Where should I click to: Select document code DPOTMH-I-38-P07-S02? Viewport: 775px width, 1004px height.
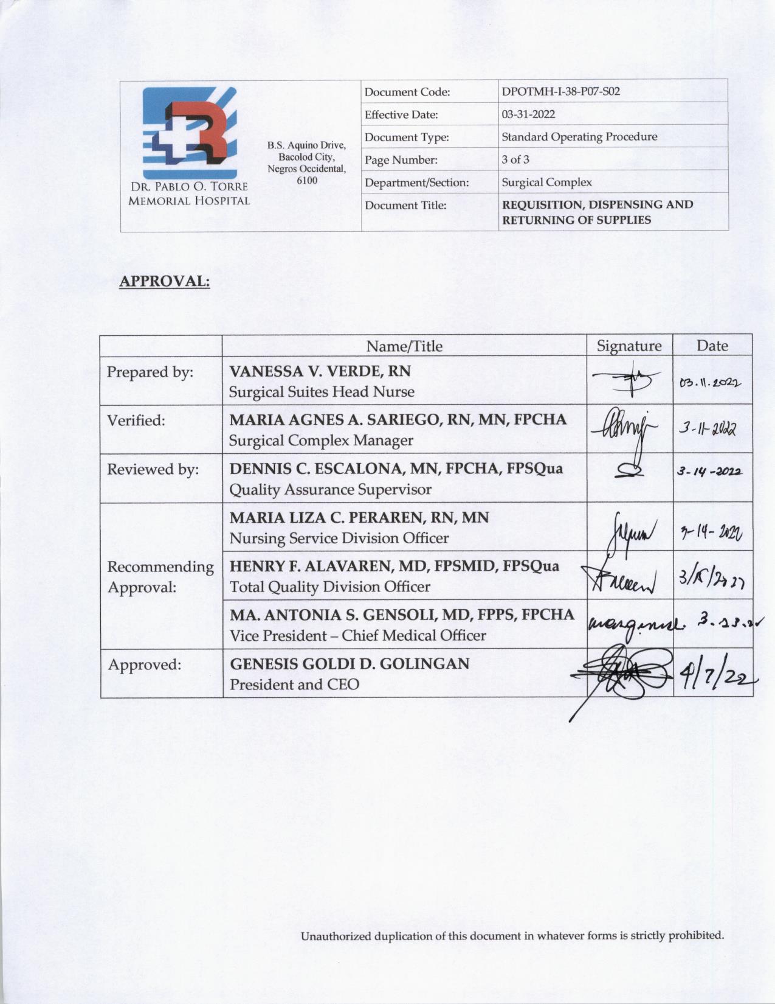tap(560, 92)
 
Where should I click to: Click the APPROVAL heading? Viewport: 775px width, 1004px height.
tap(164, 282)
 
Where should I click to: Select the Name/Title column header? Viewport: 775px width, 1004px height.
tap(404, 346)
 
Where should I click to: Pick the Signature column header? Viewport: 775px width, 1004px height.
tap(629, 346)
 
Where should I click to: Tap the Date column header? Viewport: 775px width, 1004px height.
tap(712, 346)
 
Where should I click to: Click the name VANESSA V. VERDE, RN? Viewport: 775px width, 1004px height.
tap(320, 371)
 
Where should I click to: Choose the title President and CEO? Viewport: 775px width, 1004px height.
tap(294, 685)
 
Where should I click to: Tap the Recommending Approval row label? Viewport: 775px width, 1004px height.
tap(160, 577)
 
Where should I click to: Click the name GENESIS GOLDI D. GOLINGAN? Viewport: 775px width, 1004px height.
tap(350, 663)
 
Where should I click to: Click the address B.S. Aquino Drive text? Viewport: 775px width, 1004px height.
tap(306, 145)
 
